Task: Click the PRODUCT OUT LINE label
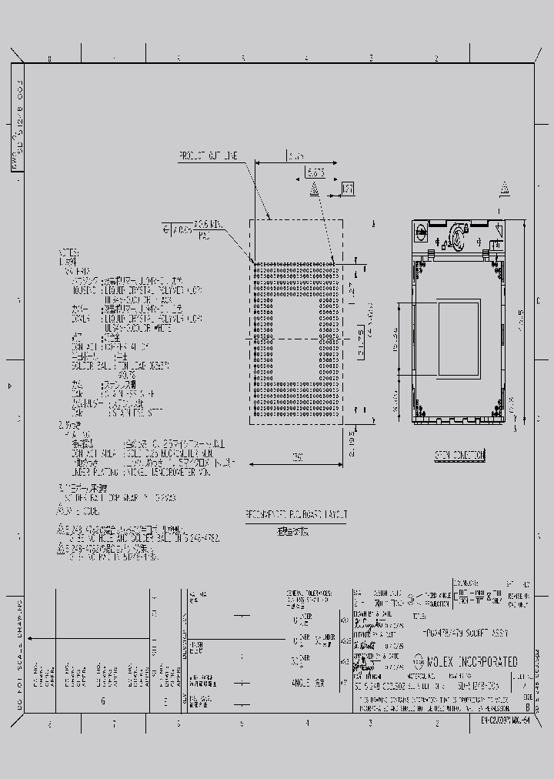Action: click(209, 155)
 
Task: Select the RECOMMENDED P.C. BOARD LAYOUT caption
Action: click(296, 513)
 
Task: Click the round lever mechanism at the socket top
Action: click(459, 232)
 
